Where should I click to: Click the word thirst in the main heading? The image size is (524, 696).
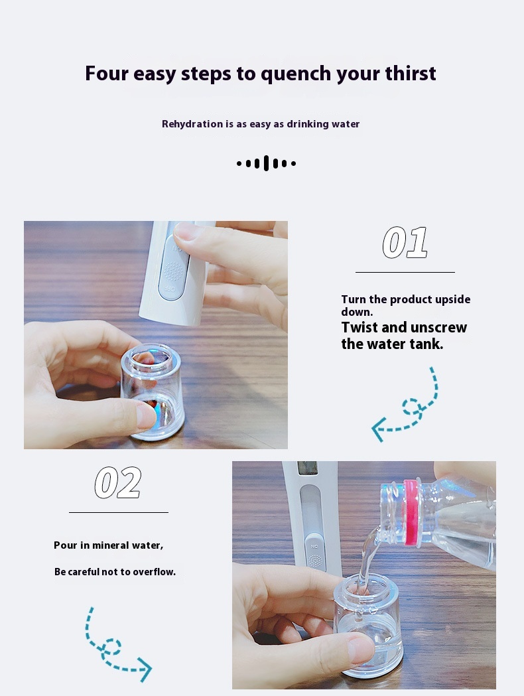tap(411, 73)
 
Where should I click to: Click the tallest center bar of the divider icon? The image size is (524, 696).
tap(266, 163)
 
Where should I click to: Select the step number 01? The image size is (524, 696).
tap(405, 242)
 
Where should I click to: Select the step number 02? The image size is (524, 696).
tap(118, 482)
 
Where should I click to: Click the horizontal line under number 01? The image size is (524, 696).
tap(405, 272)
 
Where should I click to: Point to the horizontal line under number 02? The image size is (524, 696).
tap(119, 512)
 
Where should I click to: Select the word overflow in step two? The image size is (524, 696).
tap(155, 572)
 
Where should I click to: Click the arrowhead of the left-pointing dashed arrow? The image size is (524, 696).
tap(377, 429)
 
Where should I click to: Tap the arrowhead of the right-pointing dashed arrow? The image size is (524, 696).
tap(145, 669)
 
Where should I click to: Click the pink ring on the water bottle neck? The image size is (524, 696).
tap(411, 512)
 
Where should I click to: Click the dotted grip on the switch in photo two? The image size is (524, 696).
tap(315, 561)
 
